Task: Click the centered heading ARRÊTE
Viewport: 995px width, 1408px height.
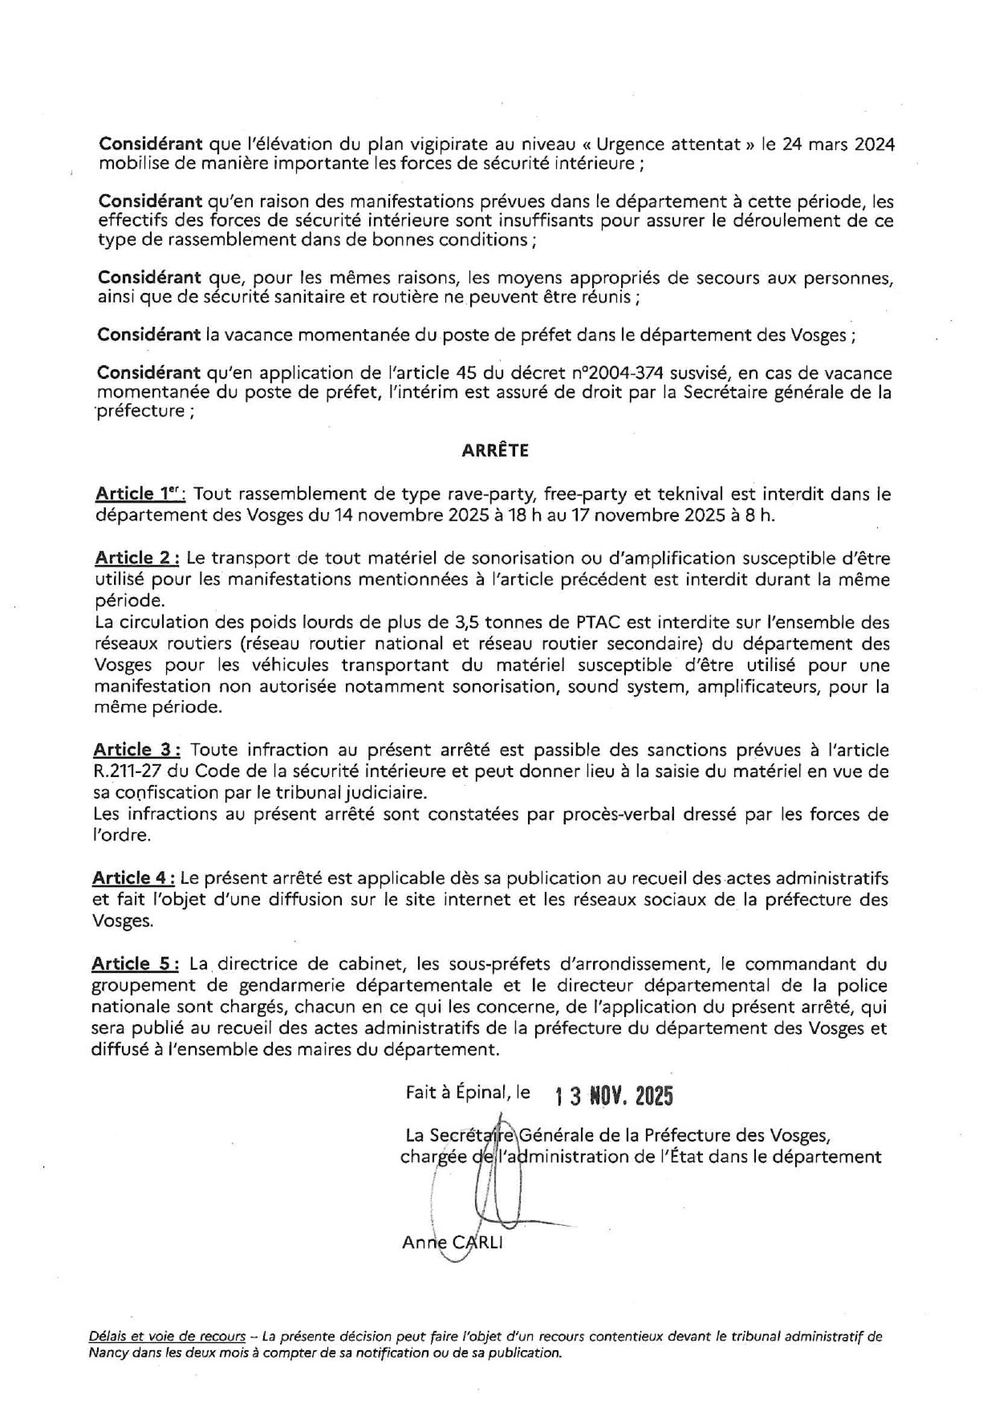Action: [495, 451]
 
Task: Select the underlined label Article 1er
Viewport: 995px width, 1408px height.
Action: [140, 494]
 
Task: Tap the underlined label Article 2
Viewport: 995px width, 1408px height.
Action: [137, 558]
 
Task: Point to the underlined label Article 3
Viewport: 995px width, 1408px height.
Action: [136, 750]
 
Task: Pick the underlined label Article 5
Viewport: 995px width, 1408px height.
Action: [136, 963]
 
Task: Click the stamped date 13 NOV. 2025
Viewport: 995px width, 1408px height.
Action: [614, 1096]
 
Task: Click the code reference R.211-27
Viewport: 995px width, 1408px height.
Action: [131, 771]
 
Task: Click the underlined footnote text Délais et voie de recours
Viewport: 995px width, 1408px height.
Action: [167, 1337]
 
